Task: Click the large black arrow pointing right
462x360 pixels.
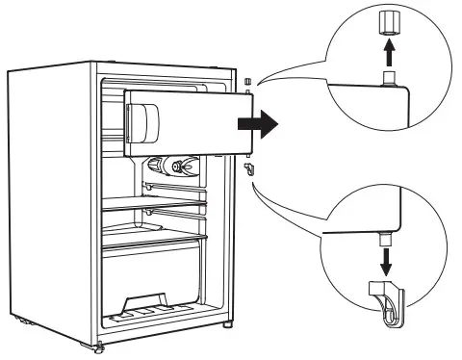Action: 259,124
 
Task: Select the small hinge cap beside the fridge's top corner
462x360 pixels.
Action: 246,80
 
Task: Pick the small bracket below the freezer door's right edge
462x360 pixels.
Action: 248,168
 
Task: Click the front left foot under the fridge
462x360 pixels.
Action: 99,344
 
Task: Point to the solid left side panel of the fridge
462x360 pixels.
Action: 48,202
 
